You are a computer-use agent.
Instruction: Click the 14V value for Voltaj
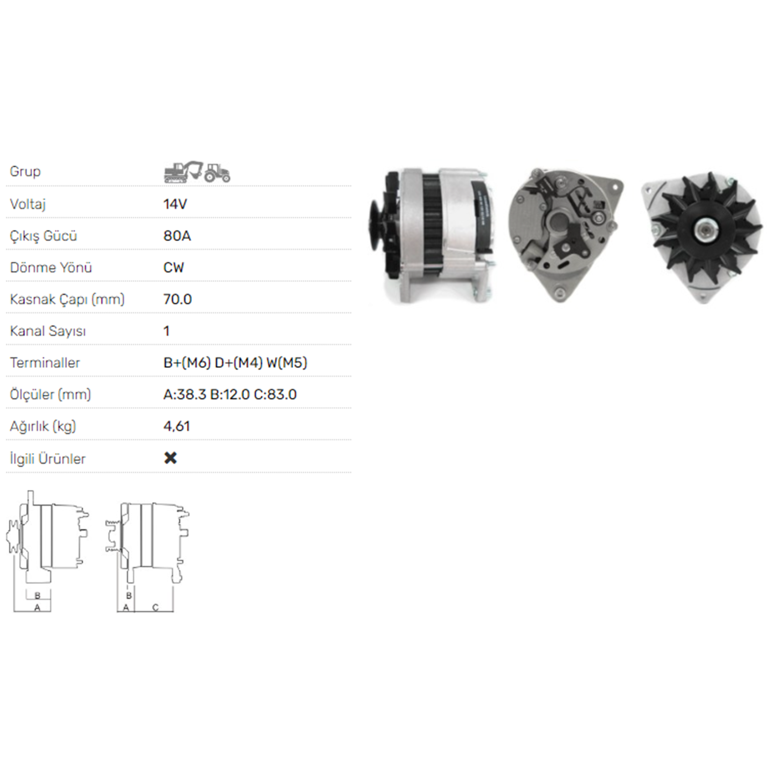click(x=175, y=204)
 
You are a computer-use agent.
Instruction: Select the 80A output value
click(x=177, y=236)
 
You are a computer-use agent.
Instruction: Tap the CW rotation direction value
click(x=173, y=267)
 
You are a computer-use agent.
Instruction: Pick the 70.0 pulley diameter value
click(x=177, y=299)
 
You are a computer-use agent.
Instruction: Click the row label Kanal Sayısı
click(x=48, y=331)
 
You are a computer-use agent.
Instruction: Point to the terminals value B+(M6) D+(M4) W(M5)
click(x=235, y=363)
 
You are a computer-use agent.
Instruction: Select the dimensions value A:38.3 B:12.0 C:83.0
click(x=230, y=394)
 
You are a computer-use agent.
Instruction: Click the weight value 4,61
click(x=176, y=426)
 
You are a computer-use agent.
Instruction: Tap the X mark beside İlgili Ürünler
click(x=170, y=458)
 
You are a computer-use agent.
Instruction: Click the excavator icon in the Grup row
click(x=183, y=172)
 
